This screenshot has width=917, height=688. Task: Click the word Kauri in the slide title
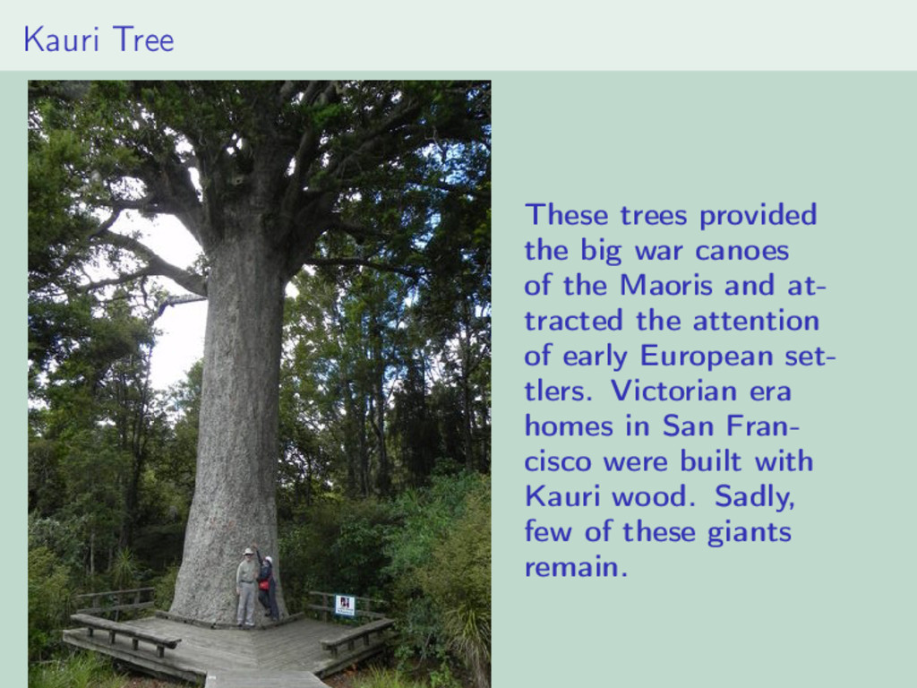pos(61,39)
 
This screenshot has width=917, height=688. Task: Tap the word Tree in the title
pos(143,39)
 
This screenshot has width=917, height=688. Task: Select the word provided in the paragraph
pos(758,215)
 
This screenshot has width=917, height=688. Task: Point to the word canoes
pos(742,251)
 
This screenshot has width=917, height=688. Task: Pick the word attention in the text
pos(756,321)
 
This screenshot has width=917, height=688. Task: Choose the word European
pos(707,357)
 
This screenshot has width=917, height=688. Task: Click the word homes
pos(569,426)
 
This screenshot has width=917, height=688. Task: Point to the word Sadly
pos(754,497)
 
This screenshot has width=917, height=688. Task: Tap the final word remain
pos(576,567)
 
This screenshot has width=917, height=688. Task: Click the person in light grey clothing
pos(247,588)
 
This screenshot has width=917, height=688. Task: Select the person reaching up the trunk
pos(267,585)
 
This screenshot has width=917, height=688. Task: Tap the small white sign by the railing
pos(345,606)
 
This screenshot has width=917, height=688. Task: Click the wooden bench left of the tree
pos(124,634)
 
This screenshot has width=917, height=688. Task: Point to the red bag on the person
pos(264,584)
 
